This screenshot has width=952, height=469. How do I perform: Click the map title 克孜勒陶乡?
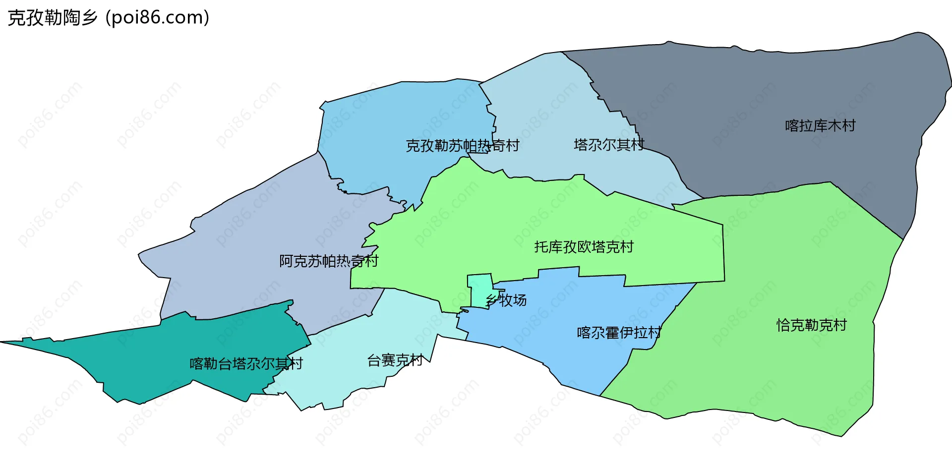(52, 18)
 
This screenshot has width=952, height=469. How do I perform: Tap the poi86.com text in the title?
(157, 18)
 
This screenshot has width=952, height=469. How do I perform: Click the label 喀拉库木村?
(820, 126)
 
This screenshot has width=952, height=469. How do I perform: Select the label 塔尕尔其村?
(609, 145)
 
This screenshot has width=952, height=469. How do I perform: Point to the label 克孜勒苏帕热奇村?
(462, 146)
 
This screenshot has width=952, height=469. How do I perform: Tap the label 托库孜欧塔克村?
(584, 247)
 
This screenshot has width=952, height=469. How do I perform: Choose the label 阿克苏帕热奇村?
(329, 261)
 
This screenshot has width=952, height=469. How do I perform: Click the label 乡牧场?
(506, 300)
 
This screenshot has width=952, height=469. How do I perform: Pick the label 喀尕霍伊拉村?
(619, 333)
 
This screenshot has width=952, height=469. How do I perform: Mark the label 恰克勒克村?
(811, 325)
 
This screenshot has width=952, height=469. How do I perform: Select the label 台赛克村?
(395, 360)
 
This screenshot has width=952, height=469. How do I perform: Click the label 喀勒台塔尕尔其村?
(246, 364)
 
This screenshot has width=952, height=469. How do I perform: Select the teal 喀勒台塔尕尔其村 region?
(149, 357)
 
